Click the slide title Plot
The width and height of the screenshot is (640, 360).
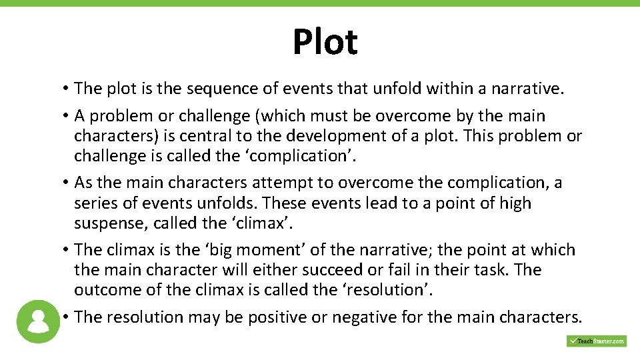click(325, 42)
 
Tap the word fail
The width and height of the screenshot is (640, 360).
click(383, 270)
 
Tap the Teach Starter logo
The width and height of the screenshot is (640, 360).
click(597, 341)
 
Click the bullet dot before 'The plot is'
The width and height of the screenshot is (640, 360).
click(68, 89)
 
